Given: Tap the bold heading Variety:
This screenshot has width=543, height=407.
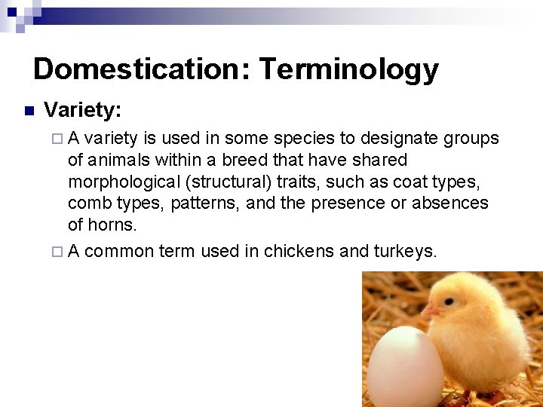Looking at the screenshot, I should point(83,111).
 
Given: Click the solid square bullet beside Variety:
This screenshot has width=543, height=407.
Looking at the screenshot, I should point(29,112).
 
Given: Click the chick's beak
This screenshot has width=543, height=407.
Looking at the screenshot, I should point(431,309).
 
